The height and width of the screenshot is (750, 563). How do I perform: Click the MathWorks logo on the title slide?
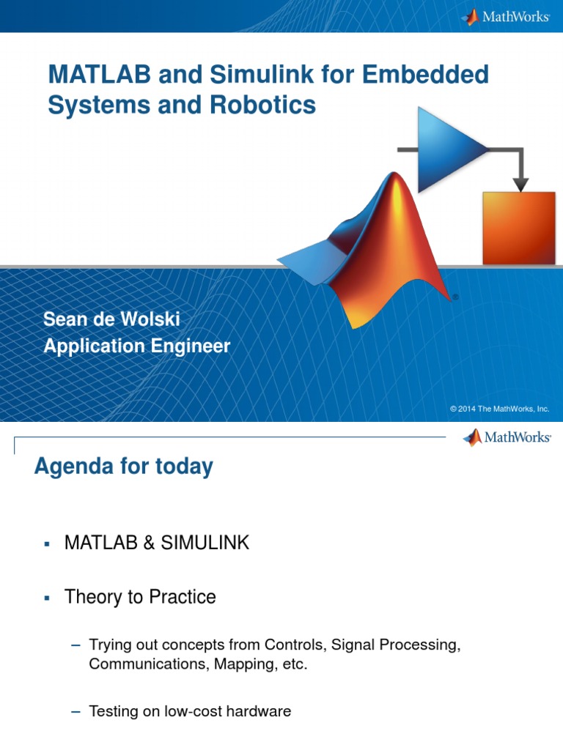pos(506,16)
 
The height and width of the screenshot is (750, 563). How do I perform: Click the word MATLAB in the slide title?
pos(89,75)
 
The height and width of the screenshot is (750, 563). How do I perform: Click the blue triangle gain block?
pos(449,149)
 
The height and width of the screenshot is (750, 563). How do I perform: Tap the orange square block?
pos(518,228)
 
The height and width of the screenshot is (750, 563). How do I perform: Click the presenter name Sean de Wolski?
pos(111,319)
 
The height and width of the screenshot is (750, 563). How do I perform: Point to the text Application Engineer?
pos(136,346)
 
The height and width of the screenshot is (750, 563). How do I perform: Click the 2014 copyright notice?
pos(499,409)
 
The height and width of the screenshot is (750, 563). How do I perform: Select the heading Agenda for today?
pos(123,466)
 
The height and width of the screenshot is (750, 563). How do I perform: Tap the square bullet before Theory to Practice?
pos(45,598)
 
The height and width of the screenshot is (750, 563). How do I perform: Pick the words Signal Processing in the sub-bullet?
pos(395,645)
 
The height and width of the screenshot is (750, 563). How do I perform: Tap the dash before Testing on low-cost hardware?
pos(75,710)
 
